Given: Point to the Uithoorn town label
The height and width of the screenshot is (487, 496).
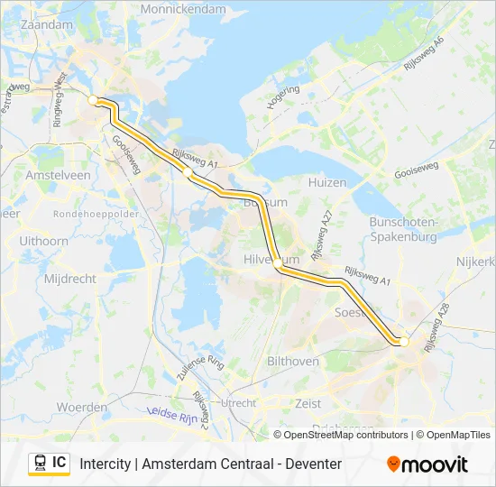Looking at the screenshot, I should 43,241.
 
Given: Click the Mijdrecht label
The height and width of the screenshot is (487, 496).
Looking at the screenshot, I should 69,279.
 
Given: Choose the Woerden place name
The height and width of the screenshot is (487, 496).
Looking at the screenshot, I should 82,408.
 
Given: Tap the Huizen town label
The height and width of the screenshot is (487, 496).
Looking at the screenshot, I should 326,182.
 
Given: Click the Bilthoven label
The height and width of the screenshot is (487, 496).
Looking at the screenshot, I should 293,361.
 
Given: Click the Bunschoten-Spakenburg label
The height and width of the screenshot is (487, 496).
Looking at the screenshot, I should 403,229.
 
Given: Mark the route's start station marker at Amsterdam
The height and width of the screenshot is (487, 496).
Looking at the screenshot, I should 93,99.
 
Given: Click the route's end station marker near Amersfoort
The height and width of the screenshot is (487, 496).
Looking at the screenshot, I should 403,342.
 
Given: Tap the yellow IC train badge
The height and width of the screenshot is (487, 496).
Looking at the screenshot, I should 49,464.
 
